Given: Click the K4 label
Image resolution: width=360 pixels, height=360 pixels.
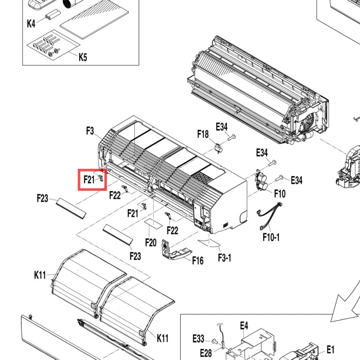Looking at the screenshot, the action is pyautogui.click(x=31, y=24).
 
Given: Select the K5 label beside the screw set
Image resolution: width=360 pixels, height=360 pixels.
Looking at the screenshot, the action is pyautogui.click(x=83, y=57).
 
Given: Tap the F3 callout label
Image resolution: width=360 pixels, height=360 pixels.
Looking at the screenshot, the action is pyautogui.click(x=90, y=131).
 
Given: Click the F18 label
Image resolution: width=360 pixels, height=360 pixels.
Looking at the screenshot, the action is pyautogui.click(x=203, y=134).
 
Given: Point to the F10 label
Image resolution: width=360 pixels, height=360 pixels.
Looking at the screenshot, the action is pyautogui.click(x=280, y=194).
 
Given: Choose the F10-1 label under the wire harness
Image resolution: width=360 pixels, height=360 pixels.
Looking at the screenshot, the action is pyautogui.click(x=271, y=237).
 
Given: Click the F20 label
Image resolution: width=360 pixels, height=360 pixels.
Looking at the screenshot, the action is pyautogui.click(x=151, y=243).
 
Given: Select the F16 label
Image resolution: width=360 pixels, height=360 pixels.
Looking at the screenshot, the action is pyautogui.click(x=198, y=260).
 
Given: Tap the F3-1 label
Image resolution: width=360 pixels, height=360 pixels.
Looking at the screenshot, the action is pyautogui.click(x=224, y=258).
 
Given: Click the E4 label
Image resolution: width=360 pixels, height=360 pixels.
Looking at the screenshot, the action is pyautogui.click(x=244, y=326).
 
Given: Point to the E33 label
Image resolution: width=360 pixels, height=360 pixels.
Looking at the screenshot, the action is pyautogui.click(x=198, y=339).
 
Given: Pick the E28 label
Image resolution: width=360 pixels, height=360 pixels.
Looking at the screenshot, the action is pyautogui.click(x=206, y=353).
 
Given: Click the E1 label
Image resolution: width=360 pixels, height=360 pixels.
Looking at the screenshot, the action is pyautogui.click(x=330, y=350).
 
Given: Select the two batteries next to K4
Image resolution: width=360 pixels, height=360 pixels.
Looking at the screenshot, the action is pyautogui.click(x=52, y=15).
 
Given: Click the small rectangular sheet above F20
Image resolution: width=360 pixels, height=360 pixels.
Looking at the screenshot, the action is pyautogui.click(x=153, y=223).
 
